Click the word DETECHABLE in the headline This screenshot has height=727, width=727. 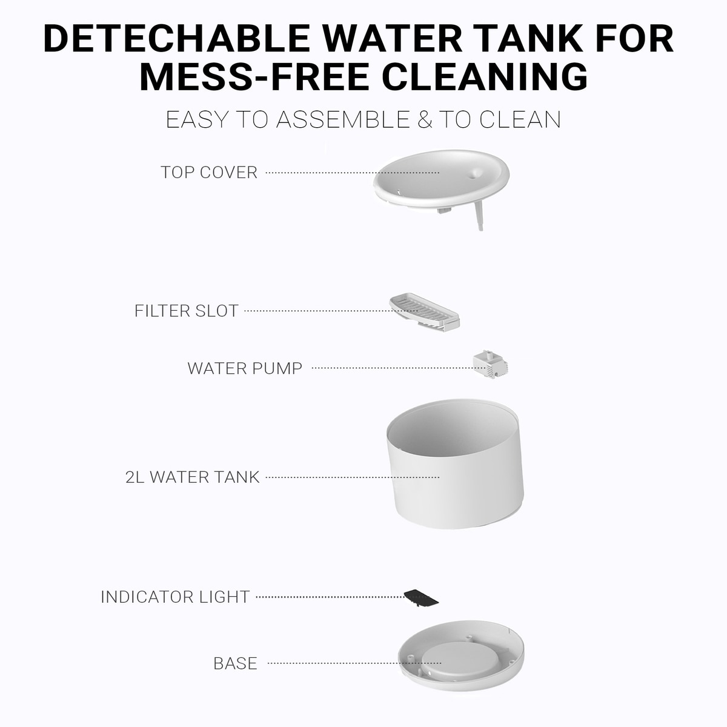(x=177, y=39)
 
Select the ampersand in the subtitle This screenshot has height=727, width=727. (x=425, y=119)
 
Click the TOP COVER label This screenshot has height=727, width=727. (x=209, y=173)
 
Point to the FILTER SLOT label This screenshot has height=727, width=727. (x=187, y=311)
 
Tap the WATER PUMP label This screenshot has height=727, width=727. (x=245, y=368)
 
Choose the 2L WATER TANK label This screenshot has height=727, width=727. (x=193, y=477)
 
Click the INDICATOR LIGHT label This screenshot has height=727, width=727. (x=176, y=597)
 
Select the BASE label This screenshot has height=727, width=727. (x=236, y=663)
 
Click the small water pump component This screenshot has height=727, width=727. (x=490, y=364)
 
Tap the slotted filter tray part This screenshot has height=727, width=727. (x=425, y=313)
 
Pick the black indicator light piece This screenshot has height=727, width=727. (x=421, y=598)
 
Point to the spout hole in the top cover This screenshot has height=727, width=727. (x=474, y=174)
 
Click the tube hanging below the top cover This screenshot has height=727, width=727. (x=479, y=216)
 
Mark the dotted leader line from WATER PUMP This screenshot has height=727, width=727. (x=393, y=368)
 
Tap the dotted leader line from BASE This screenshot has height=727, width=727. (x=354, y=663)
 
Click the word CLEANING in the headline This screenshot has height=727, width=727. (x=485, y=77)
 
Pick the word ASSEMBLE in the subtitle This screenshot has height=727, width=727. (x=344, y=119)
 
